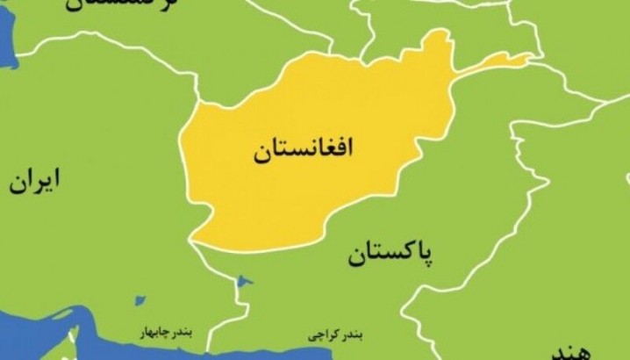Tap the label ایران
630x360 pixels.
click(37, 182)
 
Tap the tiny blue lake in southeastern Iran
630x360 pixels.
click(139, 300)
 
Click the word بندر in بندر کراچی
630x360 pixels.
click(354, 335)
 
